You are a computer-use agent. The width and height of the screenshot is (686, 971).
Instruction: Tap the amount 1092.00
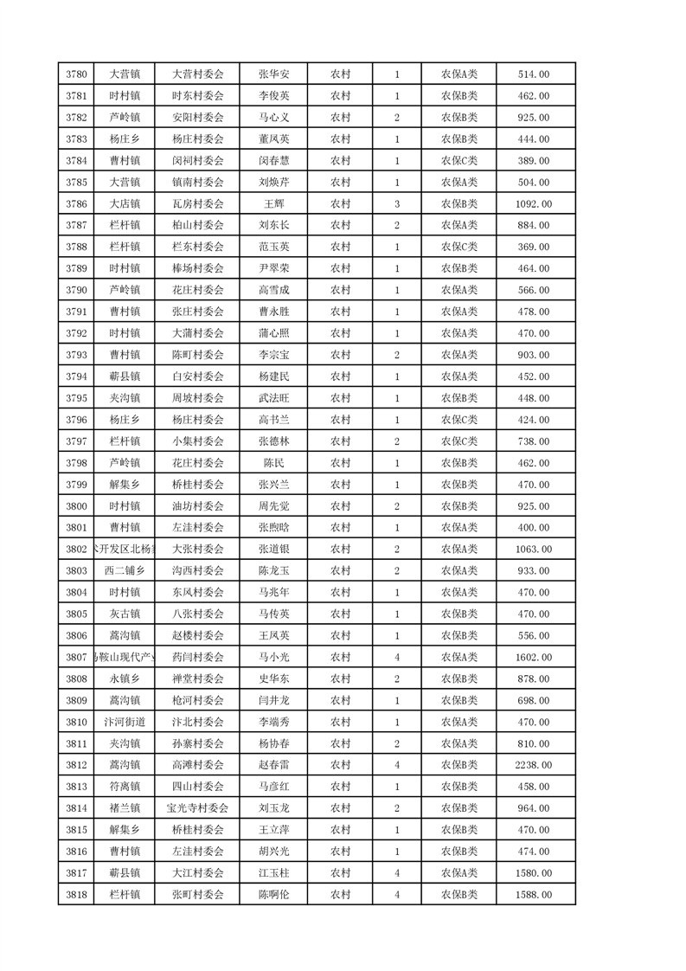(533, 204)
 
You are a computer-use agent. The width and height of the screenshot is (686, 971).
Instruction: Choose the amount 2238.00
(533, 765)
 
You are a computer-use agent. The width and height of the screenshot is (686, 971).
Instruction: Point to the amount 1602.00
(533, 658)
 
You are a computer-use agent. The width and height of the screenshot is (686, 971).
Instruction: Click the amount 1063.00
(533, 550)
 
